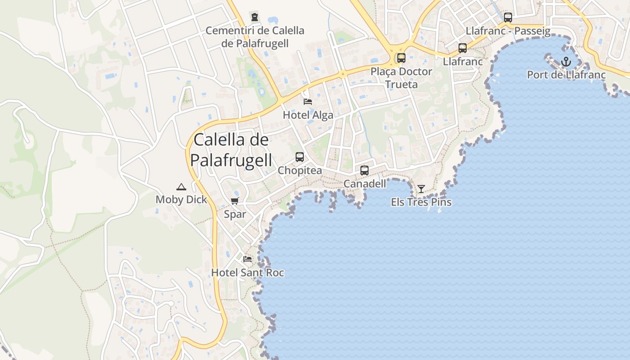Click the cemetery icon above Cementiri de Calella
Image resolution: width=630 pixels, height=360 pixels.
[255, 18]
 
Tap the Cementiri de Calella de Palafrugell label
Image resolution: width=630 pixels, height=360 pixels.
[255, 37]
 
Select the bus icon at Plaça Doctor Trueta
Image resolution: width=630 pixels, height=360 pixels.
[401, 58]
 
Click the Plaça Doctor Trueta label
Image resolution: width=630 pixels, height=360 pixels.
[401, 78]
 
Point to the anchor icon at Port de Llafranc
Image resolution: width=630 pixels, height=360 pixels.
[566, 62]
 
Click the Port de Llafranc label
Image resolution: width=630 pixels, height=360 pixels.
[566, 75]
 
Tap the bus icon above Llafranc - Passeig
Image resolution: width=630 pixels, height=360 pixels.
[508, 18]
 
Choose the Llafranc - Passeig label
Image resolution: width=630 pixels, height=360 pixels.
[508, 31]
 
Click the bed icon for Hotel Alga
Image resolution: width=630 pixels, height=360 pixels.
[308, 101]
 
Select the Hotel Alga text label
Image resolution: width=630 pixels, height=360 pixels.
[308, 115]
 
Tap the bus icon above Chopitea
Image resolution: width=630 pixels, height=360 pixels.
[300, 157]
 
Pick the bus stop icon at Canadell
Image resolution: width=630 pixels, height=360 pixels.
[364, 171]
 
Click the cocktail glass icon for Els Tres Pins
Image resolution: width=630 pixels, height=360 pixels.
[421, 189]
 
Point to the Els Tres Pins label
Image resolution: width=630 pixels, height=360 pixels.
[421, 202]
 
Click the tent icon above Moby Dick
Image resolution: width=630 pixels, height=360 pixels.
[181, 187]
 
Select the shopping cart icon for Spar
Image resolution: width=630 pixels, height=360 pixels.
[235, 201]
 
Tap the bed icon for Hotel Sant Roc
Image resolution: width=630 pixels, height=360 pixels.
[247, 259]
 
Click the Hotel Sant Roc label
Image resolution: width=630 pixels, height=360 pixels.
[247, 273]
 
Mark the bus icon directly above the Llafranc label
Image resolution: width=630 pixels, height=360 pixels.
[462, 48]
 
